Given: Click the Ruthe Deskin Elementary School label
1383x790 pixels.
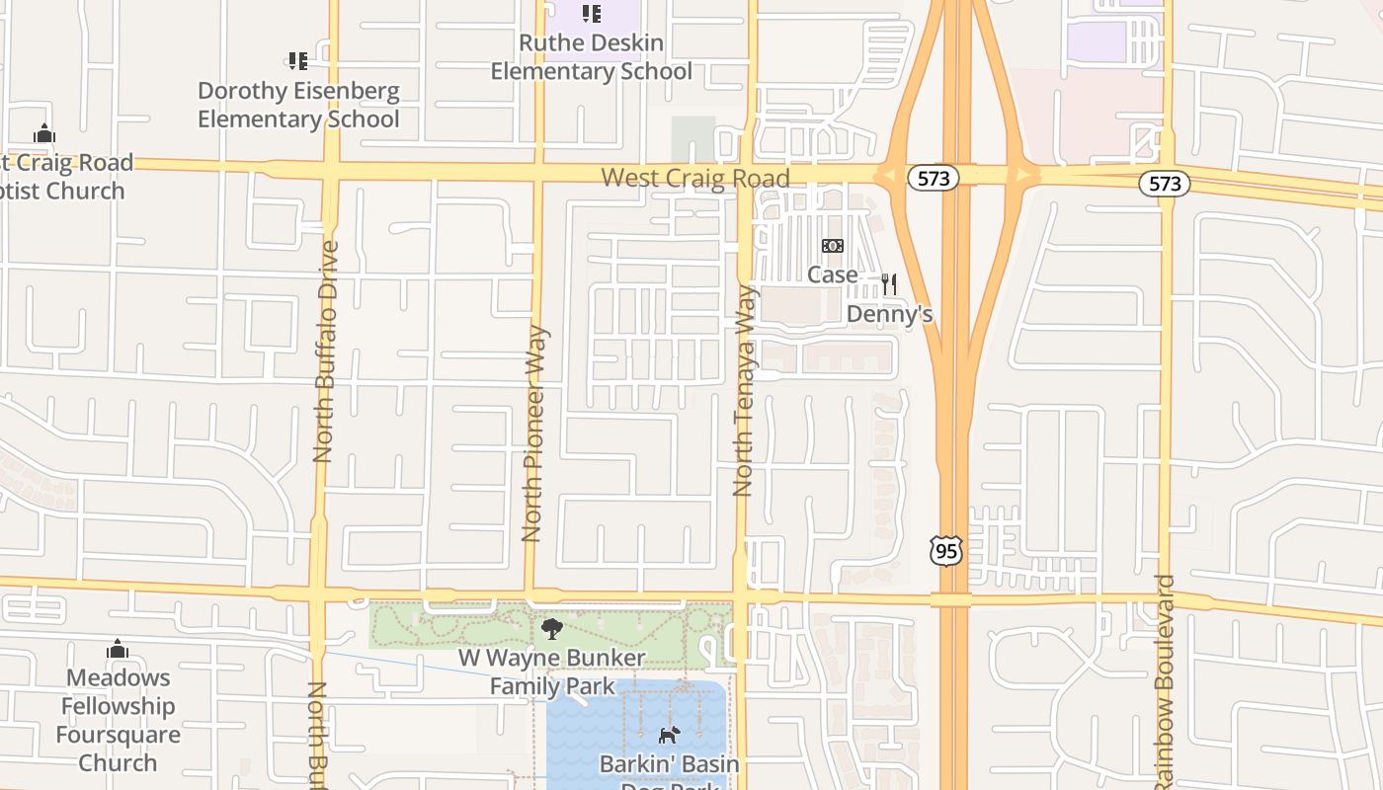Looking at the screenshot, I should click(x=591, y=57).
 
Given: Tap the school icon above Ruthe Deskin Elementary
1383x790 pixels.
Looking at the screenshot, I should click(x=591, y=14).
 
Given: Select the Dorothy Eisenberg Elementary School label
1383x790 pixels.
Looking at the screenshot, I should click(x=298, y=105).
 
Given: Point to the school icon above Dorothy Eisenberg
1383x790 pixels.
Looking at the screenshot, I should click(x=297, y=61).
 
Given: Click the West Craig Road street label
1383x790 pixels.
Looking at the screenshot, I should click(x=695, y=178).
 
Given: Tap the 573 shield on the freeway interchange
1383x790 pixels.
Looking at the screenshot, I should click(x=933, y=179).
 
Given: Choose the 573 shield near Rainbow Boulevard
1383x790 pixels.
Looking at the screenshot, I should click(x=1165, y=184).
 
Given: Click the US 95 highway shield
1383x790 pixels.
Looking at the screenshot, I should click(x=945, y=551).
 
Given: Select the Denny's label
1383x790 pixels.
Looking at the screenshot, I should click(x=889, y=314).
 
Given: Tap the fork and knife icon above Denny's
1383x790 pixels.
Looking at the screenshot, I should click(x=889, y=284).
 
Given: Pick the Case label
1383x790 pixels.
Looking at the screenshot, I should click(x=832, y=274).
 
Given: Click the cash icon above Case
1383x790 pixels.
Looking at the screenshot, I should click(x=833, y=246).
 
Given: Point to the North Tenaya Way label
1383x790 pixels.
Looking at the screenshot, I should click(x=744, y=390).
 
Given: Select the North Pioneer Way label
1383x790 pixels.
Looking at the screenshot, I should click(x=533, y=434).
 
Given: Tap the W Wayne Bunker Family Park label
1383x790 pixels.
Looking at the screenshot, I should click(x=552, y=671).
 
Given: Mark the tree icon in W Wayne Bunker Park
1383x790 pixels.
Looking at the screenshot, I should click(x=552, y=628).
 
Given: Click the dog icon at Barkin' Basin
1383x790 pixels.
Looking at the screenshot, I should click(x=669, y=735).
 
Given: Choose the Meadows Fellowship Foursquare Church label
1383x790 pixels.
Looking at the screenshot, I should click(x=118, y=720).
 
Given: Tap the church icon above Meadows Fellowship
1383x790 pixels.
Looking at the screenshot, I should click(x=118, y=649).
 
